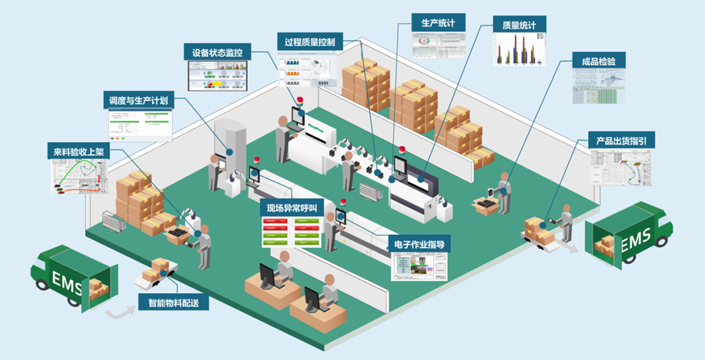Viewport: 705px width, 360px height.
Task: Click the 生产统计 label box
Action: click(x=438, y=23)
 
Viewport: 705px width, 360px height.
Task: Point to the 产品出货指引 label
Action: click(x=621, y=141)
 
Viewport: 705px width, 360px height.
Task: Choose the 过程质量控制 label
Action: click(x=310, y=42)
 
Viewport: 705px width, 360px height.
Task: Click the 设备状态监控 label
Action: click(x=217, y=53)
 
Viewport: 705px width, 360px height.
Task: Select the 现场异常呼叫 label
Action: click(x=292, y=208)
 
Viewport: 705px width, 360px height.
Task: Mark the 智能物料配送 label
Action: click(x=173, y=303)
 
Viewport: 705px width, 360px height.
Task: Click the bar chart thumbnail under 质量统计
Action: click(x=519, y=49)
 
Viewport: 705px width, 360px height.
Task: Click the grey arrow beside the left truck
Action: click(x=117, y=312)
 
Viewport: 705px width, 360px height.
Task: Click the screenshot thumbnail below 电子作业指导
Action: click(x=419, y=266)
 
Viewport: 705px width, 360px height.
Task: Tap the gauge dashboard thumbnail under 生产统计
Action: click(x=439, y=46)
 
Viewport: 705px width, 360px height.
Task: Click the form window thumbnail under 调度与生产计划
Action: click(x=140, y=125)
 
